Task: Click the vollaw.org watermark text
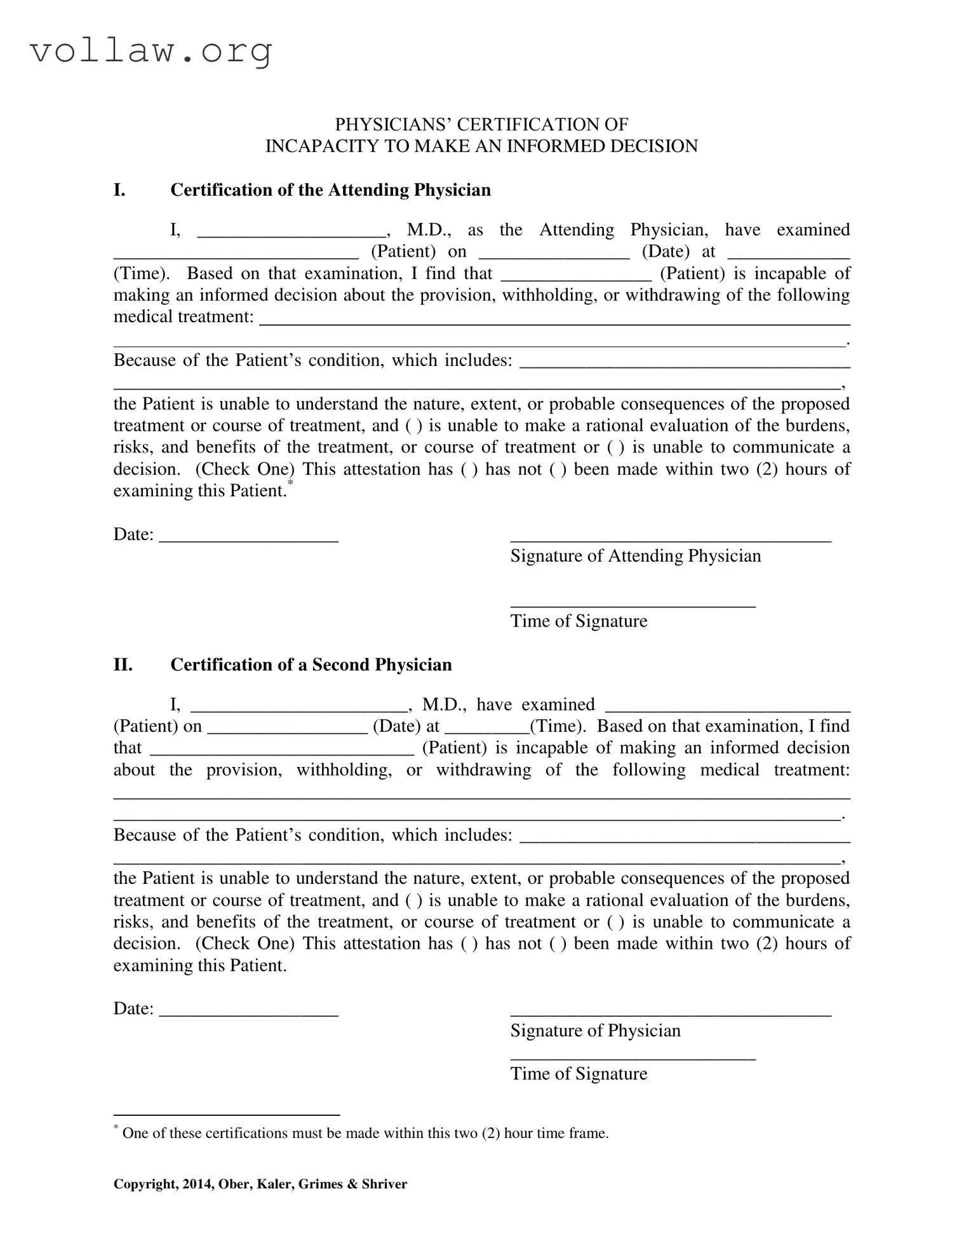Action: (x=151, y=51)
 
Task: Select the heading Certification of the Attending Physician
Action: (x=330, y=190)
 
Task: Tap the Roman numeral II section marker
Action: (x=123, y=665)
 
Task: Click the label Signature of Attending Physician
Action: (x=635, y=556)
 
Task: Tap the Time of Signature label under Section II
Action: (x=579, y=1074)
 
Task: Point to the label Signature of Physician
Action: (x=595, y=1031)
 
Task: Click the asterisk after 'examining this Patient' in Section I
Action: (x=290, y=485)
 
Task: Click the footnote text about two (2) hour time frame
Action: (x=365, y=1133)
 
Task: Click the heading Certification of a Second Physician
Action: (x=311, y=665)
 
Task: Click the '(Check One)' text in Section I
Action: (x=245, y=470)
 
